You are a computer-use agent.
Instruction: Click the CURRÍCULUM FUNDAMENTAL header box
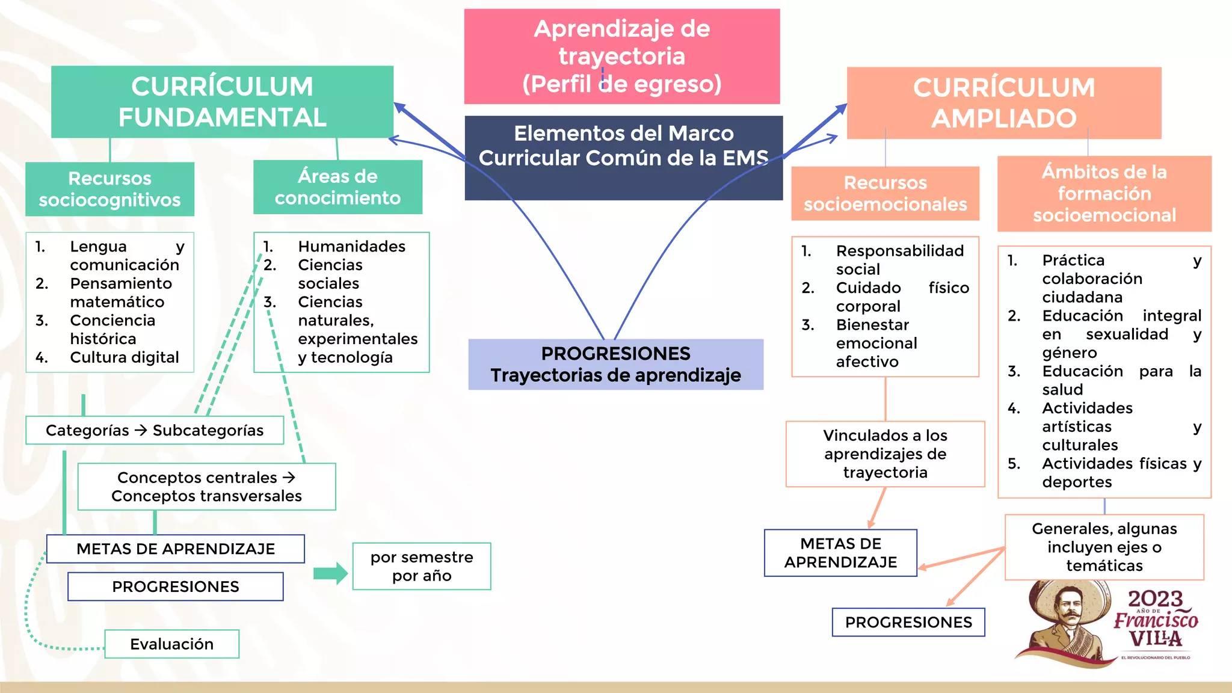(222, 102)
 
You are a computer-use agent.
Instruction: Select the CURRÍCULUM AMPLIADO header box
(1003, 103)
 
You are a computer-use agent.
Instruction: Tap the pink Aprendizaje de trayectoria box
(621, 56)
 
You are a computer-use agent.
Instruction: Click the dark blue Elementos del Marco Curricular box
(623, 157)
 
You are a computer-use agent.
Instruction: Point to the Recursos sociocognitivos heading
(109, 189)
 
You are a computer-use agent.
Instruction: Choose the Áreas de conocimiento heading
(337, 187)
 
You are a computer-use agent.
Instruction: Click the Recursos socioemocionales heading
(885, 193)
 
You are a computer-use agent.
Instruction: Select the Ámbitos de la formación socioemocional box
(1104, 193)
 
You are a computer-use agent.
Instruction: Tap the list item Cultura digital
(124, 357)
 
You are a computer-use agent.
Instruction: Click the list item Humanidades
(351, 246)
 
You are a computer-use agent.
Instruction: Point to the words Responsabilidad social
(899, 259)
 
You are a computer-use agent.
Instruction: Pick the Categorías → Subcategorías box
(155, 430)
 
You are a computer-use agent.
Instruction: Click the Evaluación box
(171, 644)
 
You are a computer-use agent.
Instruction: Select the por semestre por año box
(422, 566)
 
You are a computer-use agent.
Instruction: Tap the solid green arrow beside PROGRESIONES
(330, 573)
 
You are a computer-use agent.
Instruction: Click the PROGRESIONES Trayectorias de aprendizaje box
(615, 364)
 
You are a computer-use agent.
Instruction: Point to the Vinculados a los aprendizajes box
(885, 454)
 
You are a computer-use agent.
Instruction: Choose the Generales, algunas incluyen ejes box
(1104, 547)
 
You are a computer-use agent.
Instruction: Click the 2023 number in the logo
(1155, 599)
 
